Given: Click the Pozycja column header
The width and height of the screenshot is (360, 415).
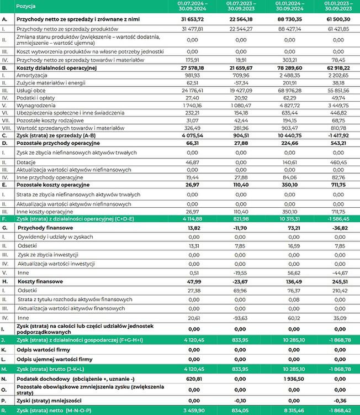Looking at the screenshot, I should tap(27, 6).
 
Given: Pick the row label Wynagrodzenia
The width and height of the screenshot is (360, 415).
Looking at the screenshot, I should tap(35, 104).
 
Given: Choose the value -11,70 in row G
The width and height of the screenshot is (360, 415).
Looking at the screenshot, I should tap(240, 227).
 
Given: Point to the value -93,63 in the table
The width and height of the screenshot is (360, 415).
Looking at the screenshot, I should tap(240, 318).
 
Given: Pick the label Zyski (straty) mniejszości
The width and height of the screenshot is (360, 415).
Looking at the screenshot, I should tap(47, 401).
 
